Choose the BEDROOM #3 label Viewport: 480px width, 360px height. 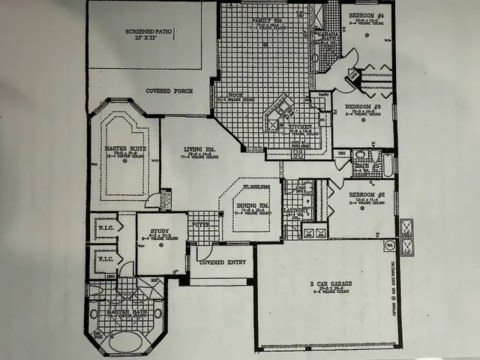tap(363, 106)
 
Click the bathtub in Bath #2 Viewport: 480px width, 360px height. tap(387, 163)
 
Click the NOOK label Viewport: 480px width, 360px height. tap(234, 94)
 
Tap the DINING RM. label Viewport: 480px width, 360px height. tap(253, 205)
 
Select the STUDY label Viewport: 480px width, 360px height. tap(159, 232)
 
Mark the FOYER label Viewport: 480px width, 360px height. tap(200, 223)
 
